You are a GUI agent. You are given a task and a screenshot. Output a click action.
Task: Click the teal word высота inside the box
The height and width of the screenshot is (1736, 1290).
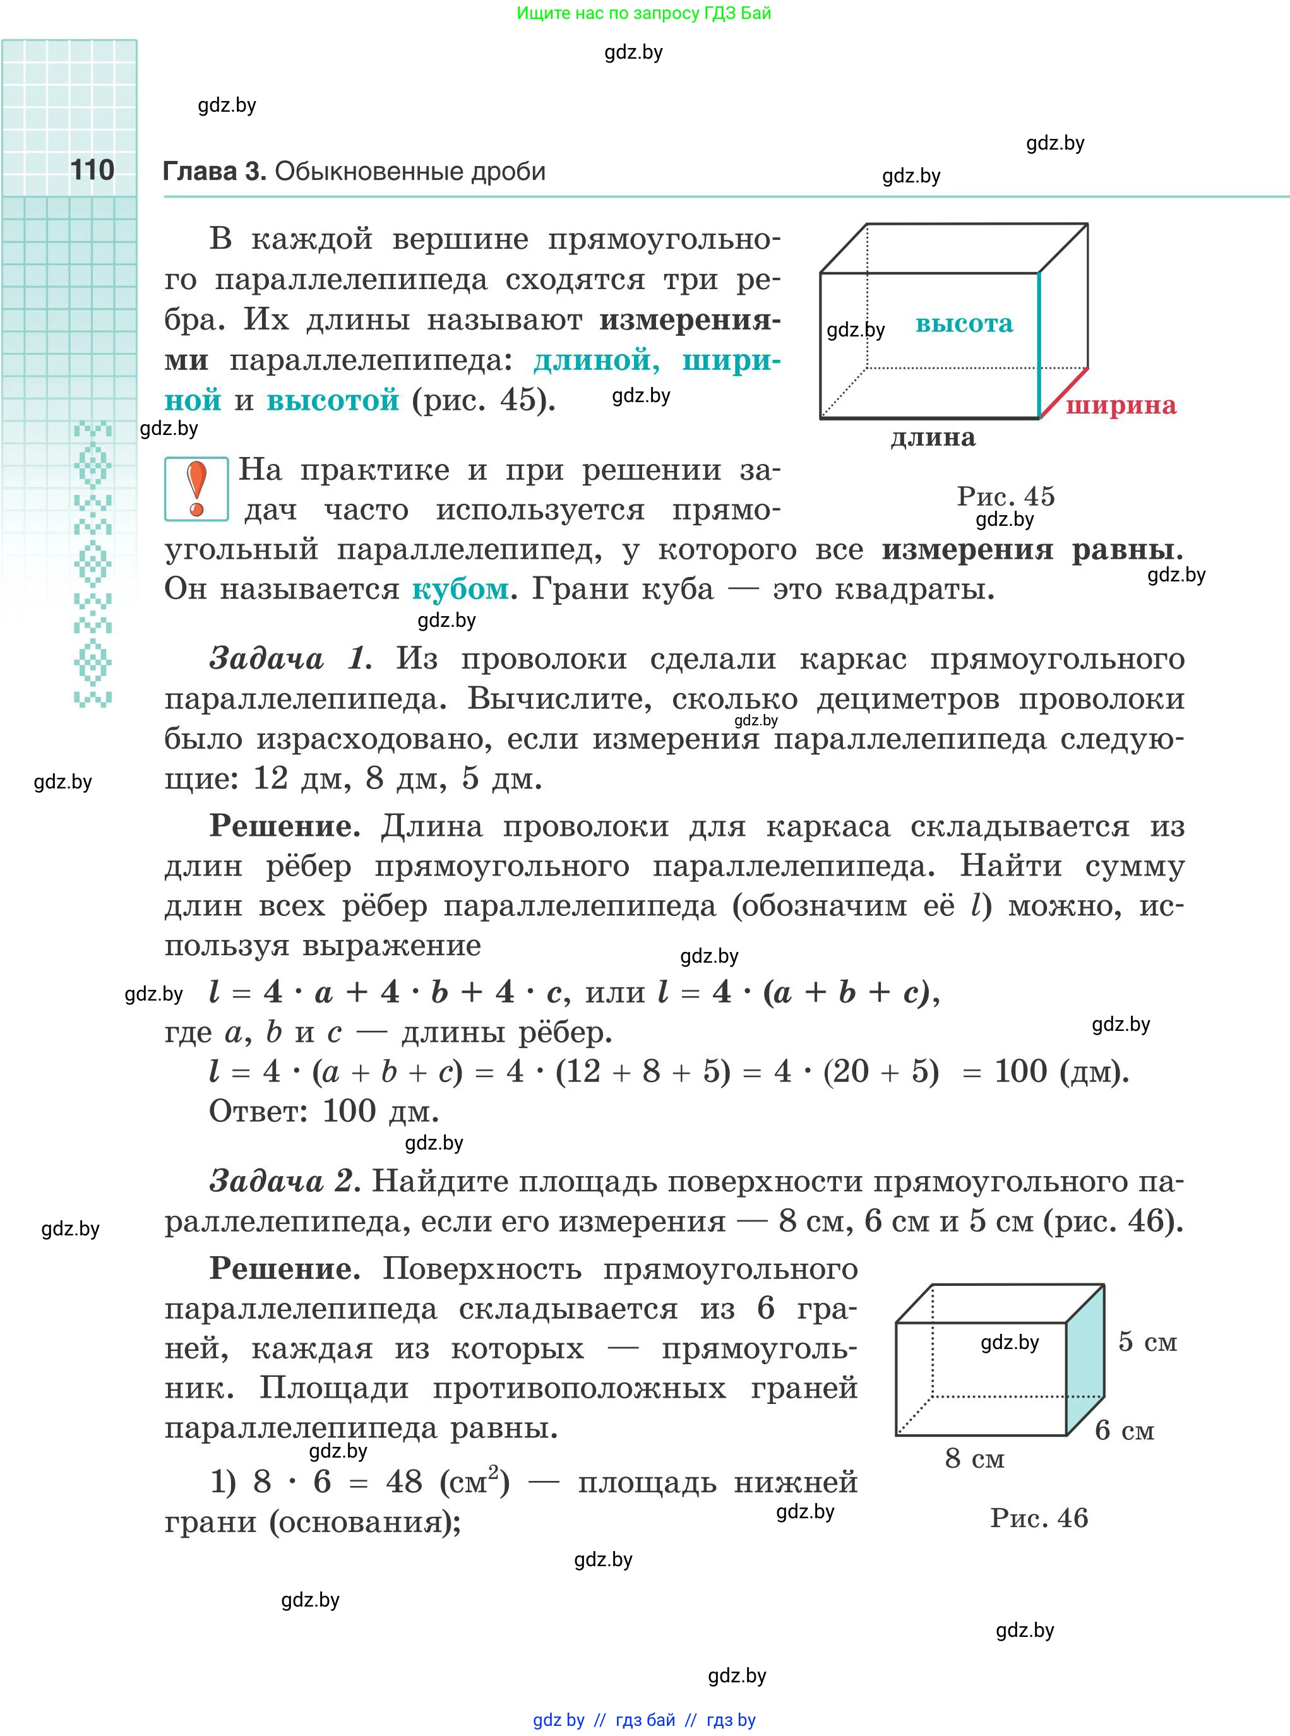tap(964, 323)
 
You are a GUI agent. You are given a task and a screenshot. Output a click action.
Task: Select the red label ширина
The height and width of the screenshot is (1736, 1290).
tap(1121, 405)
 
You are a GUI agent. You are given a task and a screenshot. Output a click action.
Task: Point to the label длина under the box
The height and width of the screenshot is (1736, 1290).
tap(933, 438)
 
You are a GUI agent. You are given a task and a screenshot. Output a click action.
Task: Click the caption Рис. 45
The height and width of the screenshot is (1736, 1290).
tap(1006, 496)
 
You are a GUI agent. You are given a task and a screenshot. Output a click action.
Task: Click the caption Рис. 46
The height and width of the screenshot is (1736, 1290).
tap(1039, 1518)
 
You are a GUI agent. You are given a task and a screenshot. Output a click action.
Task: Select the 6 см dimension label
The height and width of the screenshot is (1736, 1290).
tap(1125, 1430)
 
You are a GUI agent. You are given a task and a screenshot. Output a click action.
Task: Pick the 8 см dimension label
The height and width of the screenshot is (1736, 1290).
tap(974, 1458)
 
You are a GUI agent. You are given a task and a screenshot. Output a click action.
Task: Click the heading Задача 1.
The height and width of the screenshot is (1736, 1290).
tap(290, 659)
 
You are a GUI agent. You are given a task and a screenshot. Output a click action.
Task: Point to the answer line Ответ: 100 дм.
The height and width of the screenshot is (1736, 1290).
tap(323, 1111)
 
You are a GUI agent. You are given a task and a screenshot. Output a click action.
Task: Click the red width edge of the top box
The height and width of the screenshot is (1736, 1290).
tap(1063, 393)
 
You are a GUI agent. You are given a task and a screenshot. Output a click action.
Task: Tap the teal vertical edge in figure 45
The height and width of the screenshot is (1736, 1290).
tap(1039, 345)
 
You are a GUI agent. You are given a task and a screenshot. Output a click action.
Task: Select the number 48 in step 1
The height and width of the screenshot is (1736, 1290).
tap(403, 1482)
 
